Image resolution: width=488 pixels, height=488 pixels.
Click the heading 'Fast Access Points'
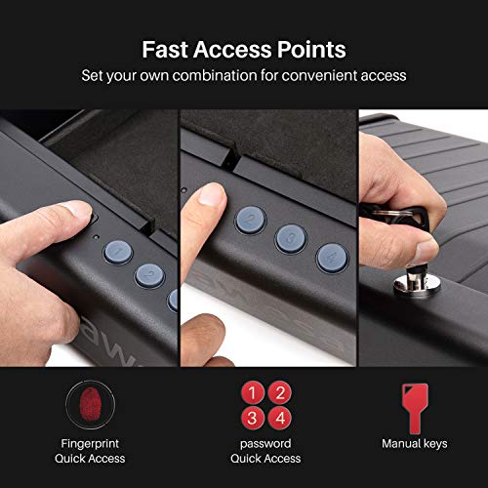[243, 49]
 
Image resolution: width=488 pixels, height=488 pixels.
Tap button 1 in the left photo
[119, 252]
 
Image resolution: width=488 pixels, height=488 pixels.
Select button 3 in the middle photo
[290, 237]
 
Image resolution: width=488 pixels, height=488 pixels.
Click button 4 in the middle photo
[332, 258]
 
